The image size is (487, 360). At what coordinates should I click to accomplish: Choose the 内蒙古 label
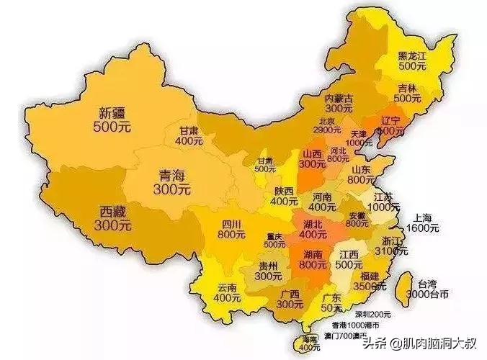click(x=338, y=98)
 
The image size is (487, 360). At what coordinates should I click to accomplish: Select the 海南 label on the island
click(x=308, y=339)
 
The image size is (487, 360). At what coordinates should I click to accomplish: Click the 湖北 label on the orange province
click(x=313, y=225)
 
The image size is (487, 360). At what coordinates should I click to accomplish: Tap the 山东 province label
click(x=362, y=168)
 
